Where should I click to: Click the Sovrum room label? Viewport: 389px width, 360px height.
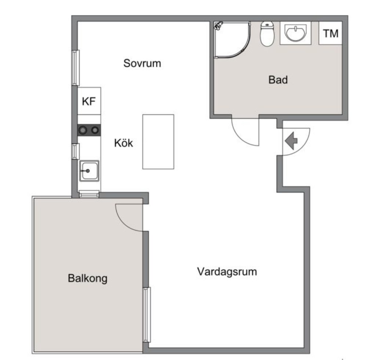[x=142, y=63]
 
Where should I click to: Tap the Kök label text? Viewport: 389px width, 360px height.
[x=124, y=143]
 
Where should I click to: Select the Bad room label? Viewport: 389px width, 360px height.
[x=278, y=80]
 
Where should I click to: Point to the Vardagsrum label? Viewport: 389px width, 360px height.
[x=227, y=272]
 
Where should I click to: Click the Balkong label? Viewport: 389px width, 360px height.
[x=88, y=279]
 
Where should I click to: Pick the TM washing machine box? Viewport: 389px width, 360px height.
[x=330, y=33]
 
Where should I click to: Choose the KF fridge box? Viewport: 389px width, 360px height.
[x=89, y=101]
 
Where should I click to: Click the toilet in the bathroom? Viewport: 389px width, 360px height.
[x=267, y=34]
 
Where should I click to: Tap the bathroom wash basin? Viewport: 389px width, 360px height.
[x=295, y=33]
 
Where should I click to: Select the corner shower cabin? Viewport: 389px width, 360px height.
[x=232, y=40]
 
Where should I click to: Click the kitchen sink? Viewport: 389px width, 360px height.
[x=89, y=171]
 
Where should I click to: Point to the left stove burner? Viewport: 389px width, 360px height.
[x=83, y=130]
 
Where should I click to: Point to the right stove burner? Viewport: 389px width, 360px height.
[x=95, y=130]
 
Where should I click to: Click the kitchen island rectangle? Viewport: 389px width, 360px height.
[x=158, y=142]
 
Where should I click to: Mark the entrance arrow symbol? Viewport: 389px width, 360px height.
[x=291, y=141]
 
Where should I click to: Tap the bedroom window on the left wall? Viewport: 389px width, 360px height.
[x=76, y=68]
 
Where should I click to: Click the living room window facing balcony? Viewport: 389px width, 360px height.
[x=147, y=314]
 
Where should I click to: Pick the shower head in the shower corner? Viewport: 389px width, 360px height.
[x=219, y=26]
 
